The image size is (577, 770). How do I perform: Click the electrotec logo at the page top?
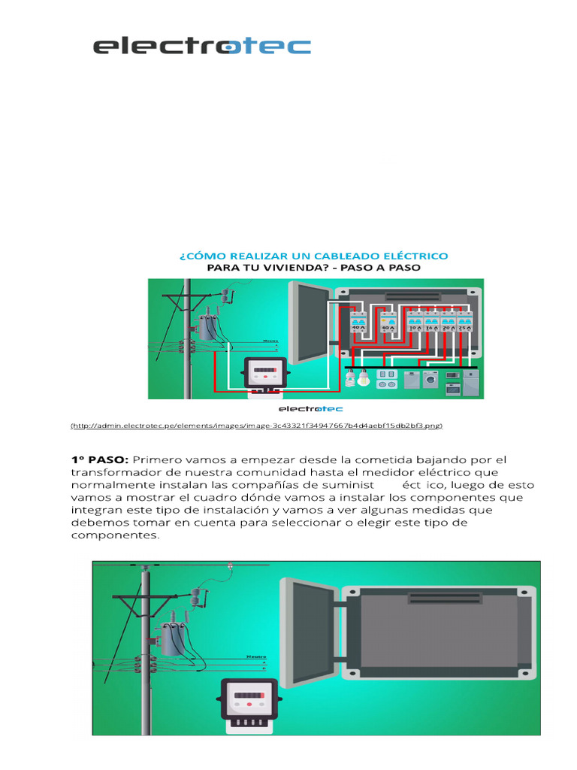201,47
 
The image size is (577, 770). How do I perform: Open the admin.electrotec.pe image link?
257,426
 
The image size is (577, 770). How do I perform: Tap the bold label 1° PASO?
101,459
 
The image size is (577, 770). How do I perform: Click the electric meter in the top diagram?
265,374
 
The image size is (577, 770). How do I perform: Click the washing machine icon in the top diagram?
430,378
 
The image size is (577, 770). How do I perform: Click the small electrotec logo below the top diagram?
310,410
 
